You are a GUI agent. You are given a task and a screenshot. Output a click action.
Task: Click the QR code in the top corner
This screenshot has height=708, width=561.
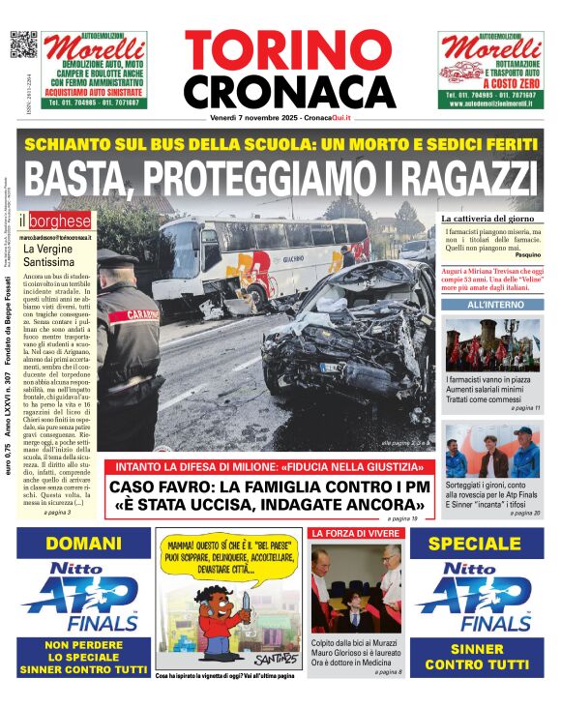coord(22,44)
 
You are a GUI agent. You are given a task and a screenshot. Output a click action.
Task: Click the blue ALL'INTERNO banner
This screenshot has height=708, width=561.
coord(493,306)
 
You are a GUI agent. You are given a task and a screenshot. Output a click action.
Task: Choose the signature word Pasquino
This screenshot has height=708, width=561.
coord(527,255)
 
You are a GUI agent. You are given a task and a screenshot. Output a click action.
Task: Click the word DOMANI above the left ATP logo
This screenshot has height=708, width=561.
coord(84,544)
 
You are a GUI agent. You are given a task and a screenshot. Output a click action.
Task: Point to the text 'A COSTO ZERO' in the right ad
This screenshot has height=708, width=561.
coord(491,86)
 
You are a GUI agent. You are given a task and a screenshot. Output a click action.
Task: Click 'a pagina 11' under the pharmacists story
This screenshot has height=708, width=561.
coord(524,409)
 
